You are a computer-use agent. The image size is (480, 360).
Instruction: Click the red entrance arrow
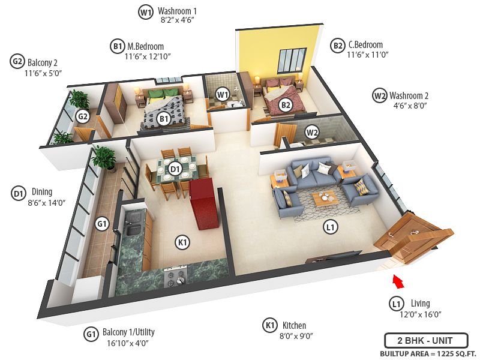point(397,280)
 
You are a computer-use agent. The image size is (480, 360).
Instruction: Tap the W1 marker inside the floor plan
point(223,94)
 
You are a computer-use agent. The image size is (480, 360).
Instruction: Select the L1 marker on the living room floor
point(329,227)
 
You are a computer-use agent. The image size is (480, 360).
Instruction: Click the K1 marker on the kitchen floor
point(183,242)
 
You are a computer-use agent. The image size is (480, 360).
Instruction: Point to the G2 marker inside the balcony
point(83,116)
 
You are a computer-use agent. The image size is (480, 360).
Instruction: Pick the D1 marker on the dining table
point(175,170)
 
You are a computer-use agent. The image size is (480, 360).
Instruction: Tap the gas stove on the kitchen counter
point(176,278)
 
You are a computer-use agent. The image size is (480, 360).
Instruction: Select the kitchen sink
point(133,229)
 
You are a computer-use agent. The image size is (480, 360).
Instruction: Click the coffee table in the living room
point(328,198)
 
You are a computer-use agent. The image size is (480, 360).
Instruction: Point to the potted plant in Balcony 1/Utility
point(104,158)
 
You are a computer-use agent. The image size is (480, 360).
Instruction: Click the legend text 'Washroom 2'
point(409,95)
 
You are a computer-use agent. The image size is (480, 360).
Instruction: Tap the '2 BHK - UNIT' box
point(425,341)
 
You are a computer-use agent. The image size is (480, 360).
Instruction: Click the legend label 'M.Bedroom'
point(146,46)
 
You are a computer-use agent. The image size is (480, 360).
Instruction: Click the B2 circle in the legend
point(338,45)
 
